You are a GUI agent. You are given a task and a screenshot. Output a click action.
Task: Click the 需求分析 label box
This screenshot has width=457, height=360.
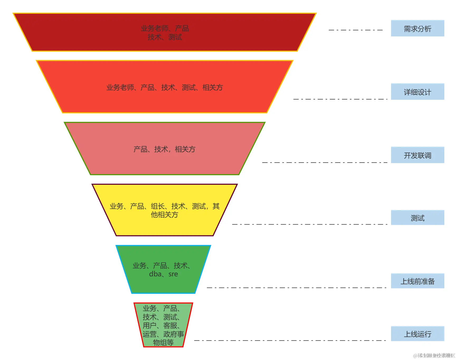tap(417, 28)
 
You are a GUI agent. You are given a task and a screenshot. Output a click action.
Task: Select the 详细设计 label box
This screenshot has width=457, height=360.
tap(417, 92)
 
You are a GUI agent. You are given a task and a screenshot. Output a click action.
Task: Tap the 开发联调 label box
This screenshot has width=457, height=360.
tap(417, 155)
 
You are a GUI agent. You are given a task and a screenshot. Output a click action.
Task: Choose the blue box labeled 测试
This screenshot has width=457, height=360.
tap(417, 217)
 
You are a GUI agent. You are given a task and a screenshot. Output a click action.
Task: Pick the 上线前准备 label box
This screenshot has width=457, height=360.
tap(417, 281)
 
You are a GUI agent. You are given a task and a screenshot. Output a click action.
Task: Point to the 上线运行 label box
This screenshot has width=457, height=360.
tap(417, 334)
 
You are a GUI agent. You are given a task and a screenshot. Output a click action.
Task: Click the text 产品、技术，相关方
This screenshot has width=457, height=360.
tap(164, 149)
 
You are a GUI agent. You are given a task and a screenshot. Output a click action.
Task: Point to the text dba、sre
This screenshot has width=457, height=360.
tap(163, 274)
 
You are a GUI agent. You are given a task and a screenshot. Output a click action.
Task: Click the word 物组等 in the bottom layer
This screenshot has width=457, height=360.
tap(163, 343)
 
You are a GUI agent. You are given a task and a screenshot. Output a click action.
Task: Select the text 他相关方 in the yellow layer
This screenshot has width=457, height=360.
tap(164, 215)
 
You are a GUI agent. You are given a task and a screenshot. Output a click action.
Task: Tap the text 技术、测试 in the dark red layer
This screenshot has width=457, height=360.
tap(165, 37)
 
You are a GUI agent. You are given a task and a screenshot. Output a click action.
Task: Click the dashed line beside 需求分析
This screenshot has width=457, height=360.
tap(355, 30)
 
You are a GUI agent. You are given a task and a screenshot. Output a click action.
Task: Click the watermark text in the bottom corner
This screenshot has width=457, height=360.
tap(434, 356)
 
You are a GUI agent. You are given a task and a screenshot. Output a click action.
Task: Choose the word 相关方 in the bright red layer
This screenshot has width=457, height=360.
tap(213, 88)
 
